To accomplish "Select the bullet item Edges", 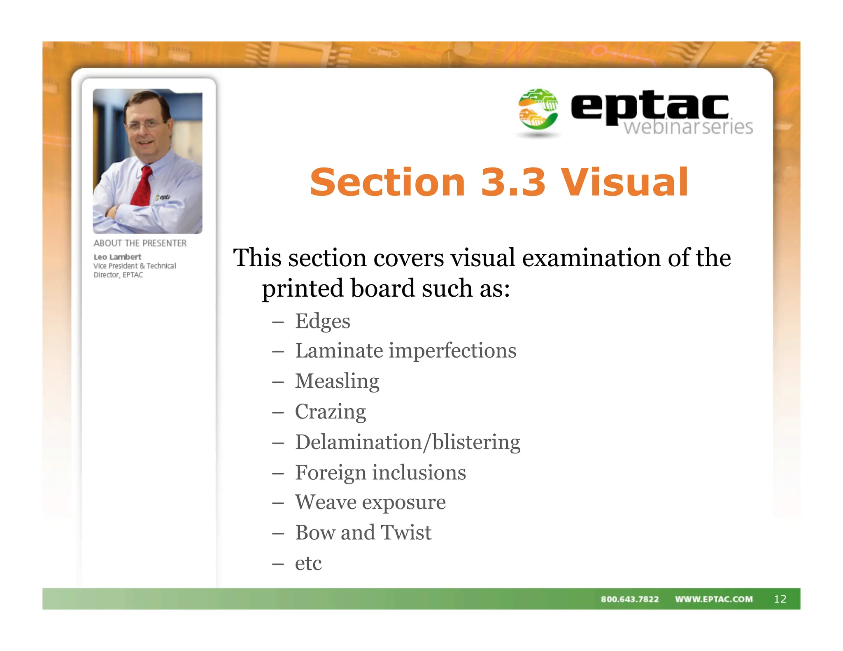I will pos(322,321).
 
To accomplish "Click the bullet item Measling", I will pos(337,381).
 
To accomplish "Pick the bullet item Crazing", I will pos(330,412).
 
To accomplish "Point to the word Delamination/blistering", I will pos(408,442).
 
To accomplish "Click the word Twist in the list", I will pos(406,532).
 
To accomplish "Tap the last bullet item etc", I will pos(308,563).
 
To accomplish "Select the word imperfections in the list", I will pos(452,351).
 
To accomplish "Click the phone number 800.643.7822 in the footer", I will pos(629,599).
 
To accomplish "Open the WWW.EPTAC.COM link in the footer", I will pos(714,599).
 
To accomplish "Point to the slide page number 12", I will pos(780,599).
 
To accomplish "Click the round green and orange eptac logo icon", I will pos(538,109).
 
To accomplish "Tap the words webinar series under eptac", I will pos(688,127).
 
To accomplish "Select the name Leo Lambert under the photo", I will pos(117,257).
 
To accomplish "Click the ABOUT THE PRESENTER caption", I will pos(140,243).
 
